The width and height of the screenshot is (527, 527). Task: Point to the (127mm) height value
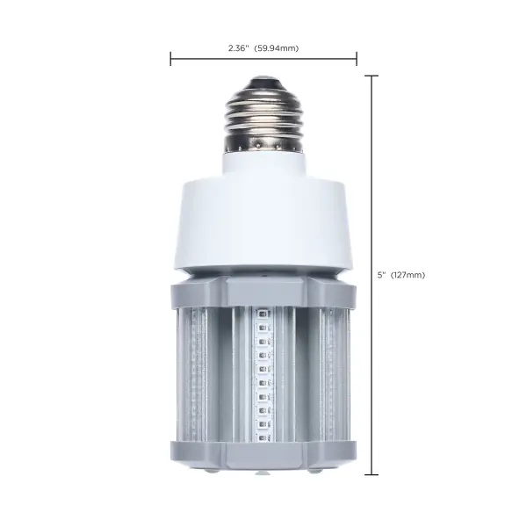click(x=408, y=275)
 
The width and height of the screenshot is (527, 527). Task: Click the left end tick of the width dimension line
click(x=170, y=60)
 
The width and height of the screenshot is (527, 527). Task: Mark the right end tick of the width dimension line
click(x=357, y=60)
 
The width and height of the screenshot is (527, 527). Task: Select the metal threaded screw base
click(x=263, y=114)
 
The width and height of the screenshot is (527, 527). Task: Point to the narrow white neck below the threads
click(x=263, y=162)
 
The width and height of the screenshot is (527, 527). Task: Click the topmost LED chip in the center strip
click(x=261, y=312)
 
